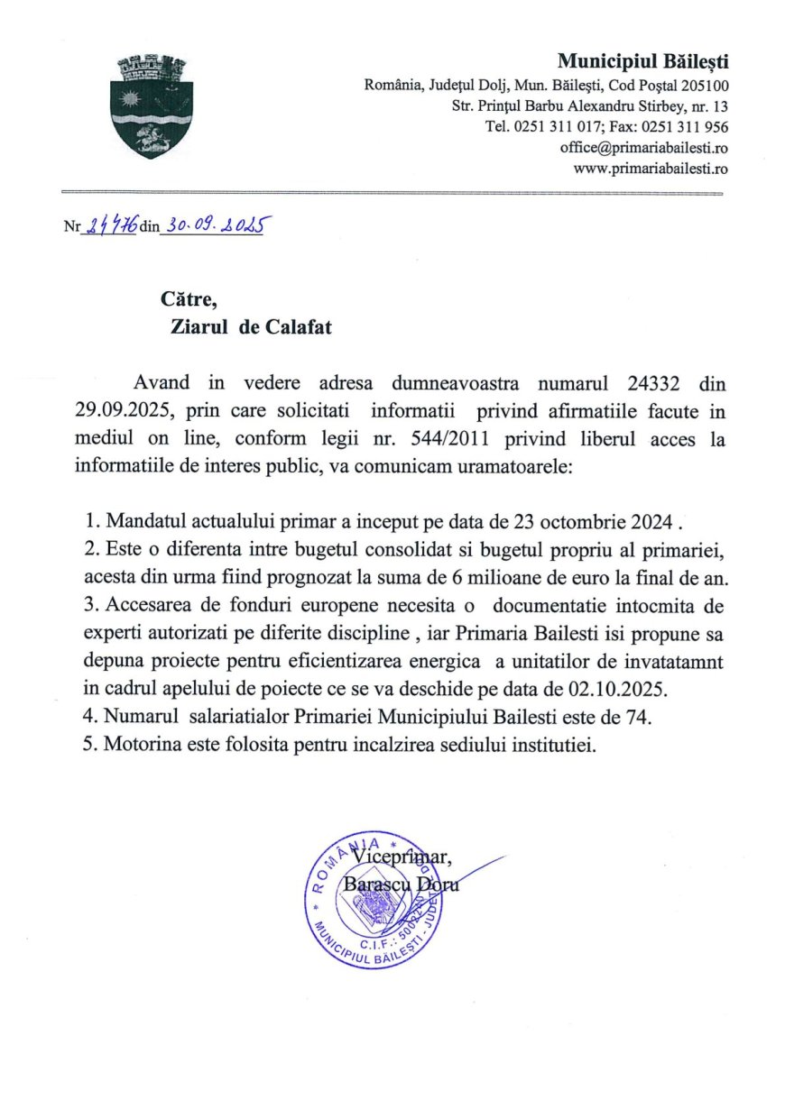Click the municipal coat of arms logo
pos(145,106)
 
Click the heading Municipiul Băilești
pos(642,61)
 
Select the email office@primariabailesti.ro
pos(643,147)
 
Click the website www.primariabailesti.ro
pos(651,168)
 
